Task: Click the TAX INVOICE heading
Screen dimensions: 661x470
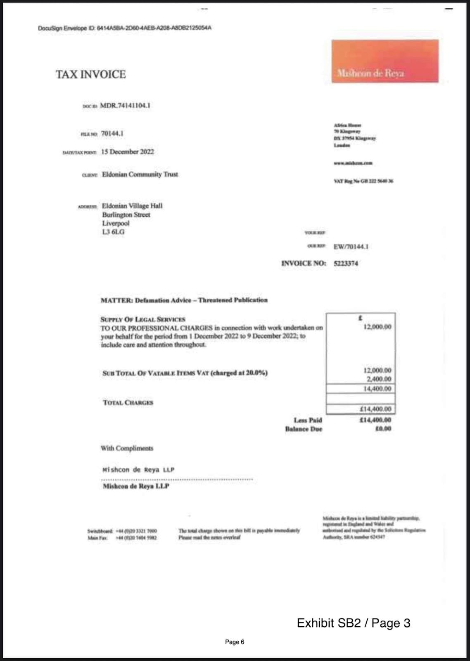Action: [x=91, y=74]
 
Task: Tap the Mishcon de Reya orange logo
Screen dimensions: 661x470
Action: [x=385, y=61]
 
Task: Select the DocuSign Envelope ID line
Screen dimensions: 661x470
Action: [x=124, y=28]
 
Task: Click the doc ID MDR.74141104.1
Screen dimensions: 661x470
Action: [x=125, y=105]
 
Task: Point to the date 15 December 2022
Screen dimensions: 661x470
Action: [x=127, y=152]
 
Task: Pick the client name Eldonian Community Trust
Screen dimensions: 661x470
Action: [x=140, y=174]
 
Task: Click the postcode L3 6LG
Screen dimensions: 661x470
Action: [x=113, y=232]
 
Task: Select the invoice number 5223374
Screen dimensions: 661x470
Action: [x=346, y=263]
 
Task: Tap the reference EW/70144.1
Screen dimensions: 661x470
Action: [x=351, y=247]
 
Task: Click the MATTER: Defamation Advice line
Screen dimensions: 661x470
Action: [x=184, y=300]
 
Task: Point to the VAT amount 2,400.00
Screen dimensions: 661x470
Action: [x=378, y=379]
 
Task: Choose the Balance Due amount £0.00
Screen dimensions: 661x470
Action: [x=383, y=429]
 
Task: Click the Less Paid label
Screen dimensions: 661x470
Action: [x=308, y=420]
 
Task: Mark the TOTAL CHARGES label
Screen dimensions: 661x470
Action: [x=128, y=402]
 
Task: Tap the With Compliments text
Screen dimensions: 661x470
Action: [x=127, y=448]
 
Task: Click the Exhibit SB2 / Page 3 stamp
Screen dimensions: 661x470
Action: [x=354, y=623]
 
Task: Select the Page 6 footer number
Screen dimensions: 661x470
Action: [x=235, y=642]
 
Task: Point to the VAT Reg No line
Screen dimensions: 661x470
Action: [x=363, y=181]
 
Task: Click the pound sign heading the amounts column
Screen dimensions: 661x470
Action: [x=360, y=318]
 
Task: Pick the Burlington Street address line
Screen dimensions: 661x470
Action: [x=126, y=214]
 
